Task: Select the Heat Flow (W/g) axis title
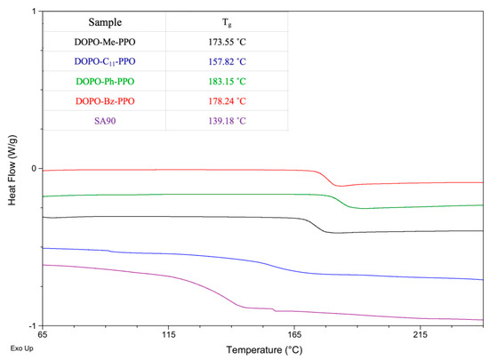pyautogui.click(x=12, y=169)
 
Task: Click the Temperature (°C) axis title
pyautogui.click(x=263, y=349)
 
